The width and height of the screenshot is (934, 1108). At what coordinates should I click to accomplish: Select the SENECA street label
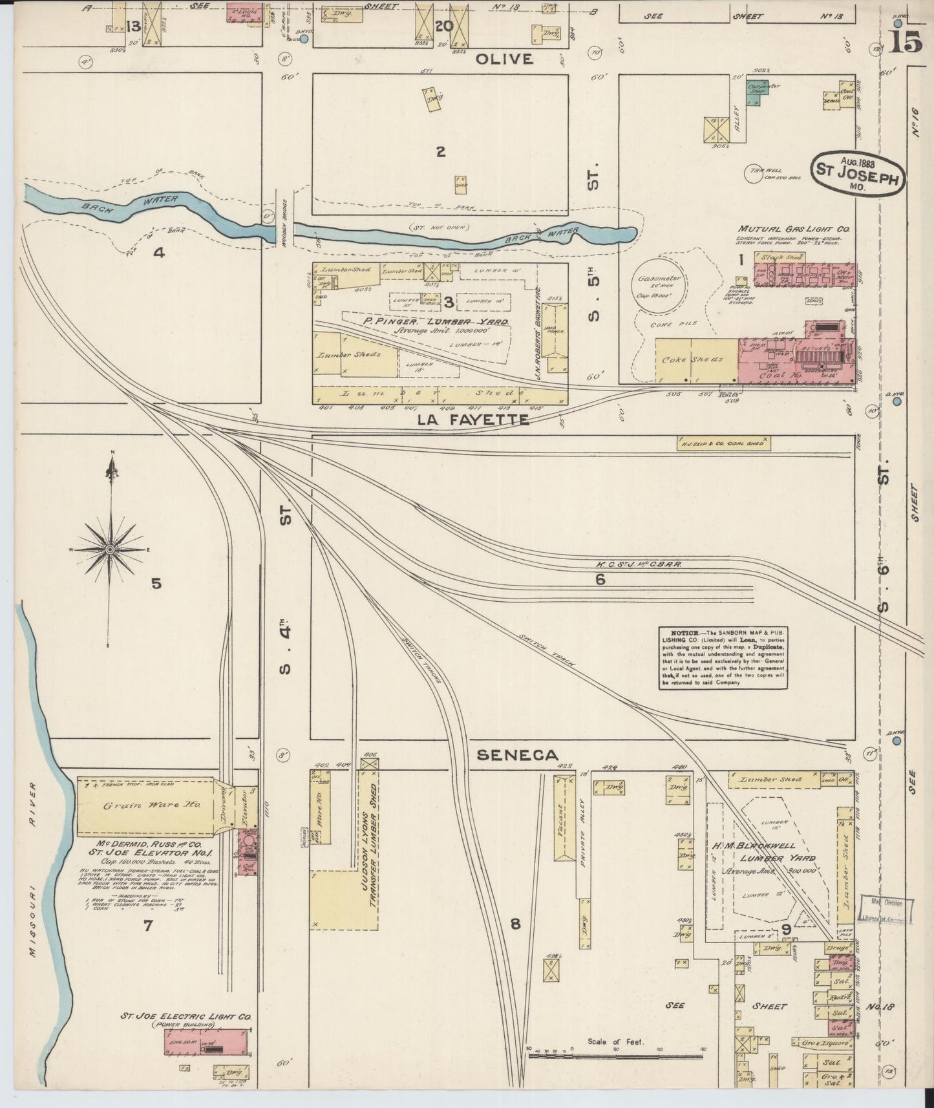click(x=518, y=754)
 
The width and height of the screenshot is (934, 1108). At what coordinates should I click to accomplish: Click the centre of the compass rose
click(x=111, y=549)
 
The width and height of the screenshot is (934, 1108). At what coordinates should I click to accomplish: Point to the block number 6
click(x=600, y=580)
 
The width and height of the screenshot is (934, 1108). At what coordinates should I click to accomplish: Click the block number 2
click(x=440, y=153)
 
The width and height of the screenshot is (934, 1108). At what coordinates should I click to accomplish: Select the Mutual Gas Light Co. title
click(x=794, y=229)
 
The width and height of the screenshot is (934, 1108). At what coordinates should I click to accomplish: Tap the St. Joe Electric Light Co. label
click(x=186, y=1017)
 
